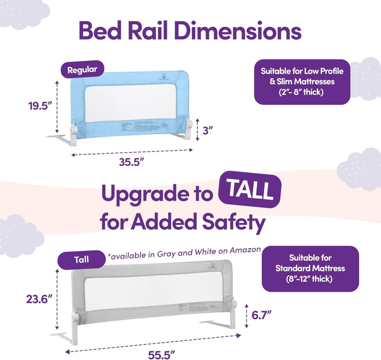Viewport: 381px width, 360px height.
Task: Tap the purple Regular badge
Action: (x=82, y=70)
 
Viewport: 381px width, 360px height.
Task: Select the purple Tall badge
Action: (x=81, y=260)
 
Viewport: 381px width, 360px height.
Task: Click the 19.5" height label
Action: (x=40, y=105)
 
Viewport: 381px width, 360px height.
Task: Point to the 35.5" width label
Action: (x=131, y=162)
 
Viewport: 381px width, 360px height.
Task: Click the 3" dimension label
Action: (x=208, y=130)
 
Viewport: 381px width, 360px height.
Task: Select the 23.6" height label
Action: (x=39, y=299)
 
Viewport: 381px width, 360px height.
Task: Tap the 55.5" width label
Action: (x=162, y=355)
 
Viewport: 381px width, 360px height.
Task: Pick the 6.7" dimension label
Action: (x=261, y=315)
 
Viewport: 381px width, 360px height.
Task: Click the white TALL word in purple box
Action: (x=250, y=190)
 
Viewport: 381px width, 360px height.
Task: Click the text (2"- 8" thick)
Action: (x=302, y=92)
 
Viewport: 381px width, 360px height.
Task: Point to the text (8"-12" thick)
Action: (x=310, y=279)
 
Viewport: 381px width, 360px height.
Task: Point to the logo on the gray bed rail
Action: (x=212, y=266)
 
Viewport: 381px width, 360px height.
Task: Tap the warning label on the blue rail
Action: (x=140, y=126)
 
